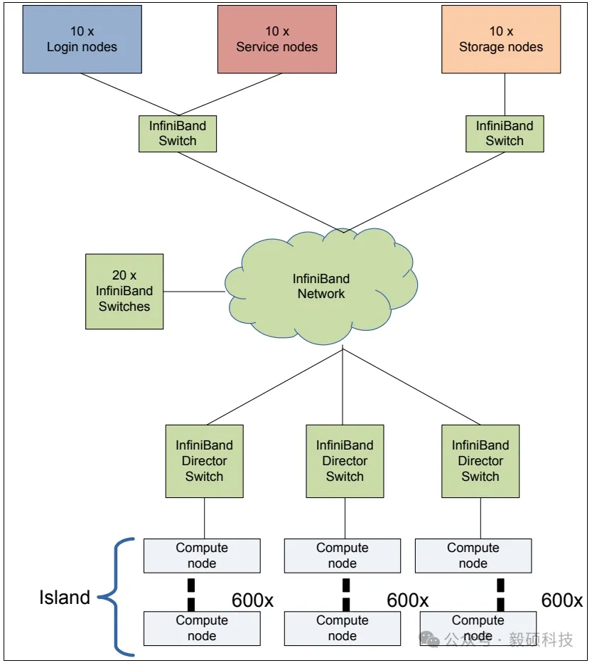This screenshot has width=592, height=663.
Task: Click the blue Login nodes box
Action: pos(82,39)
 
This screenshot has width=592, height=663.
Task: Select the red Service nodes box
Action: pos(276,39)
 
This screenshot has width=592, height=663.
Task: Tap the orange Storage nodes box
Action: pos(501,39)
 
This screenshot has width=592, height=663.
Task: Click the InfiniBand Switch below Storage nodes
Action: pos(505,133)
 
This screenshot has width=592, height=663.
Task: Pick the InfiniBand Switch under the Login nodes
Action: pos(177,133)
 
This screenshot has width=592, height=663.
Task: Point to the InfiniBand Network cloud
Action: pos(321,287)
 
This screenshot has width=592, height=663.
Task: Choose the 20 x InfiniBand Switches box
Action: pos(124,292)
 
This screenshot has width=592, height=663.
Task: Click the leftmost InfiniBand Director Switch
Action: pos(204,461)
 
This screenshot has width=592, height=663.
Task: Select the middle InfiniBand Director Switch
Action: pos(345,461)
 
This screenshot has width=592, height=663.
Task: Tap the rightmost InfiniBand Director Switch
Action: pos(480,461)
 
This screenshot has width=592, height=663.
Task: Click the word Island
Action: pos(64,598)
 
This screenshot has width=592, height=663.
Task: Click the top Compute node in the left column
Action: pos(202,556)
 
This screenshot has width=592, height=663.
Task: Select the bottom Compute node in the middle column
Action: pos(342,628)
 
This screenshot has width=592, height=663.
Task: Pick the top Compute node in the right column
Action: pos(473,556)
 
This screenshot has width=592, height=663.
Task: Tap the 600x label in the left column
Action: pos(252,600)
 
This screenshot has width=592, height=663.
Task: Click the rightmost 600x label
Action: pos(561,600)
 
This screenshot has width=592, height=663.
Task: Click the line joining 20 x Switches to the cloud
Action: pos(194,291)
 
